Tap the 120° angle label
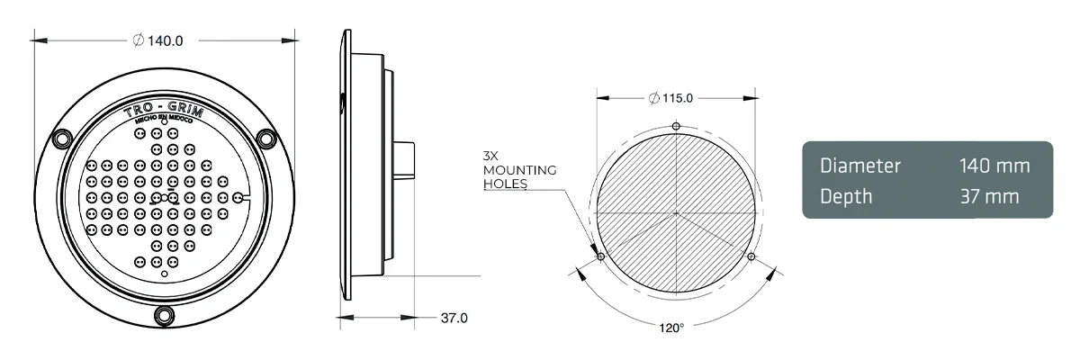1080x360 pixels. (x=671, y=327)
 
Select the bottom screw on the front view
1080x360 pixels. (x=164, y=314)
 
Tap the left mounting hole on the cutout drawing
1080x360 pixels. (x=600, y=256)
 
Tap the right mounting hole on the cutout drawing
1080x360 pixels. (x=751, y=256)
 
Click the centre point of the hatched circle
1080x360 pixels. (x=675, y=213)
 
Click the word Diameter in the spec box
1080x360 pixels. (x=859, y=166)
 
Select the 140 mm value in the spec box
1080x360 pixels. (x=993, y=166)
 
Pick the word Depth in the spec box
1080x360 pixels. (x=846, y=195)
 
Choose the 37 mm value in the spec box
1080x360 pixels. (x=989, y=195)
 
